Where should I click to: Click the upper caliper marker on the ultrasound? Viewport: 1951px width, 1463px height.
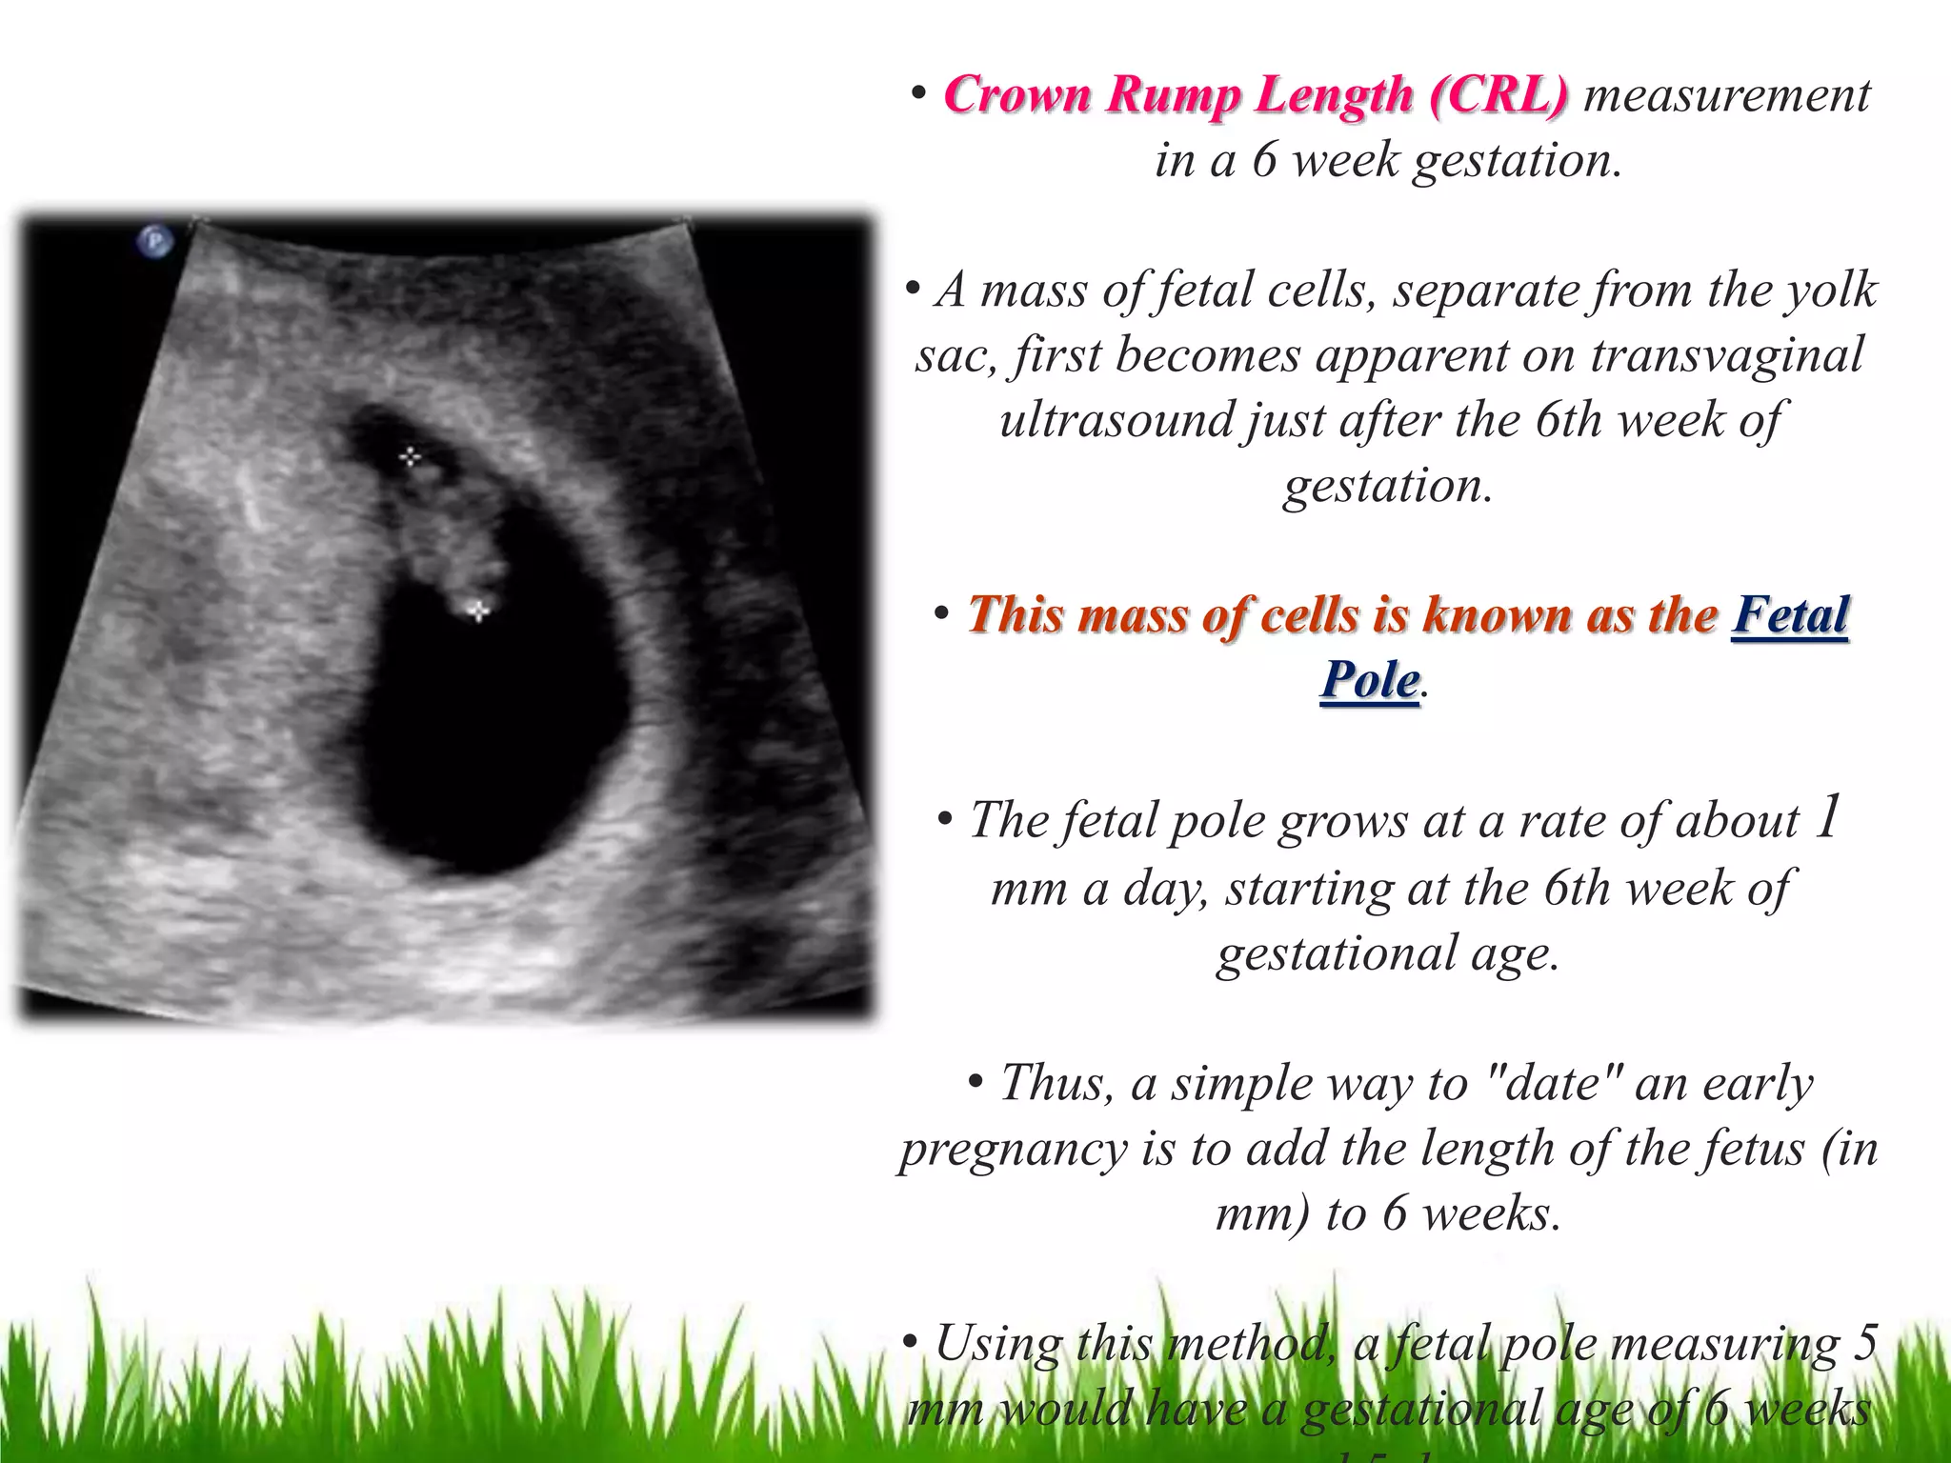pyautogui.click(x=411, y=458)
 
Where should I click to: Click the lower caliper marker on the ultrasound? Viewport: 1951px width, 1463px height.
pyautogui.click(x=478, y=610)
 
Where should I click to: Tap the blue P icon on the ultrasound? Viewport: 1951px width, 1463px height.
pyautogui.click(x=155, y=241)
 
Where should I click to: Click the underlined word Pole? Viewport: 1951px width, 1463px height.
pyautogui.click(x=1370, y=680)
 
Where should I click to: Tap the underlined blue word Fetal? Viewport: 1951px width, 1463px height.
pyautogui.click(x=1790, y=615)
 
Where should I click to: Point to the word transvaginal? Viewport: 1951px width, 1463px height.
pyautogui.click(x=1726, y=355)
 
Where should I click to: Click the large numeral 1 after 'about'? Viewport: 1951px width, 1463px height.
pyautogui.click(x=1825, y=817)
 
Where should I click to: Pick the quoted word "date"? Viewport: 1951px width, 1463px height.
pyautogui.click(x=1554, y=1083)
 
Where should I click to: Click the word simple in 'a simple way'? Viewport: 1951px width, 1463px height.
pyautogui.click(x=1231, y=1083)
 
